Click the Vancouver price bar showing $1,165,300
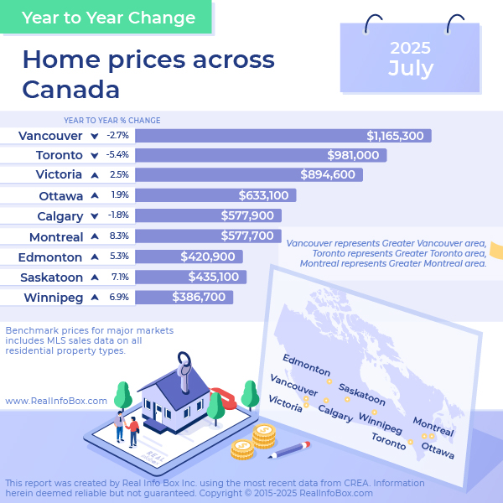[283, 136]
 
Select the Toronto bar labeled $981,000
[261, 155]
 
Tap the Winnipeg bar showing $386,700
[184, 297]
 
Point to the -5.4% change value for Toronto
[117, 155]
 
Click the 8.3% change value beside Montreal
[119, 236]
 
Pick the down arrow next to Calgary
[94, 216]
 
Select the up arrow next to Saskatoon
[95, 277]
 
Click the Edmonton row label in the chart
[50, 257]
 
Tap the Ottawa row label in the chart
[61, 196]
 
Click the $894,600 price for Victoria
[328, 174]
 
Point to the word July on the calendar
[411, 69]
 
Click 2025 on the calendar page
[410, 48]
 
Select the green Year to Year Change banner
[106, 17]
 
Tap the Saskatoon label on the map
[362, 394]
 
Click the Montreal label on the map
[433, 427]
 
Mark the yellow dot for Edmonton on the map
[329, 381]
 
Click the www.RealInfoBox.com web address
[56, 401]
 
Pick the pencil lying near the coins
[289, 449]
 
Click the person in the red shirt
[132, 432]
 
